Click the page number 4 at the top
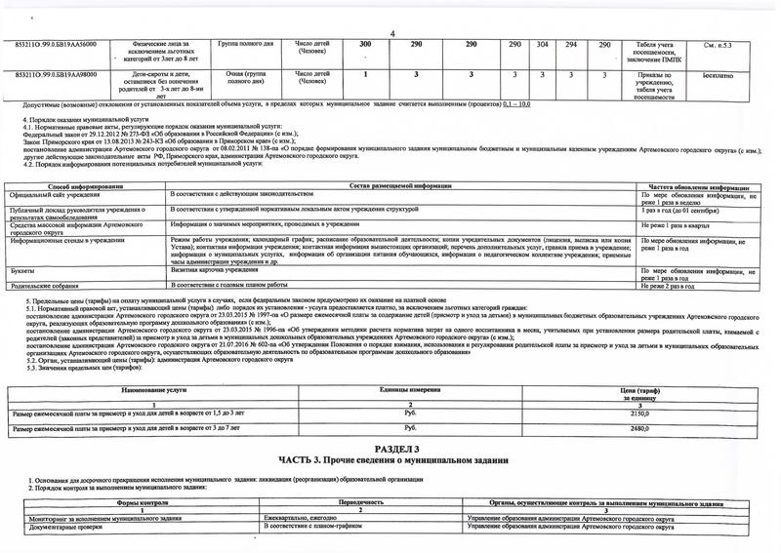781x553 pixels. point(391,35)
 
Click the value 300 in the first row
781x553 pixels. point(365,46)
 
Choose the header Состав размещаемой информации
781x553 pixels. point(398,186)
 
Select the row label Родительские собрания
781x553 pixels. point(45,284)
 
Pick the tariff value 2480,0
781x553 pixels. point(640,428)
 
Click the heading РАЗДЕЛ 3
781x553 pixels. point(390,448)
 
